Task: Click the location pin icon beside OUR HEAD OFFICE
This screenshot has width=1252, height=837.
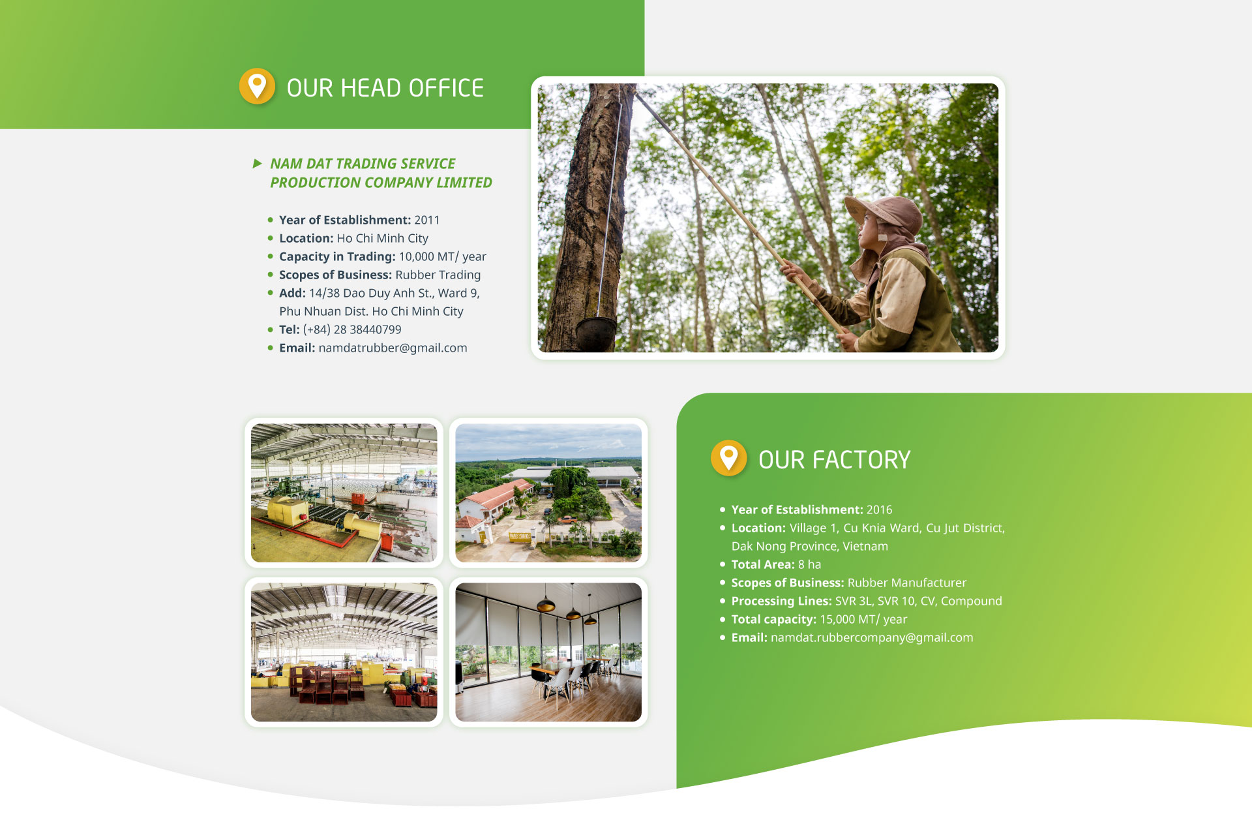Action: [x=257, y=86]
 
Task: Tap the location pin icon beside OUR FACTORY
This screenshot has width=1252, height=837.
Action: [x=728, y=458]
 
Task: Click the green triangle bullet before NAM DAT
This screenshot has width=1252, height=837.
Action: [x=257, y=163]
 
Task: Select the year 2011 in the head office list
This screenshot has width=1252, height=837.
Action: [x=426, y=220]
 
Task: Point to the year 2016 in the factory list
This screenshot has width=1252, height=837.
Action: [x=879, y=510]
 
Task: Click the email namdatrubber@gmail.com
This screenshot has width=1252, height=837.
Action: [x=393, y=348]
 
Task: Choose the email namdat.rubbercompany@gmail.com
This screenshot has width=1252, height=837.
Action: [x=872, y=637]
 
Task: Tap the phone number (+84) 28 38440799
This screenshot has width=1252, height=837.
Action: [x=352, y=329]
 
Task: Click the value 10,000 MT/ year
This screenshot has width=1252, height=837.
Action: [x=443, y=256]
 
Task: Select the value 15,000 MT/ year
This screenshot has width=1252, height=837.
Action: [x=863, y=619]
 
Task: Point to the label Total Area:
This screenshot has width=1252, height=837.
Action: [x=763, y=564]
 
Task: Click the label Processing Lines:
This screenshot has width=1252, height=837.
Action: [x=781, y=601]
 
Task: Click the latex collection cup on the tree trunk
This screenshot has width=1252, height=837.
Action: [x=595, y=329]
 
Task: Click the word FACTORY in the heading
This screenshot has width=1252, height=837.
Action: [x=861, y=460]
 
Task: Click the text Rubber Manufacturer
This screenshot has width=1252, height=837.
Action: [x=907, y=583]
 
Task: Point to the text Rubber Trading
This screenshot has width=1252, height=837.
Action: [x=438, y=275]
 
